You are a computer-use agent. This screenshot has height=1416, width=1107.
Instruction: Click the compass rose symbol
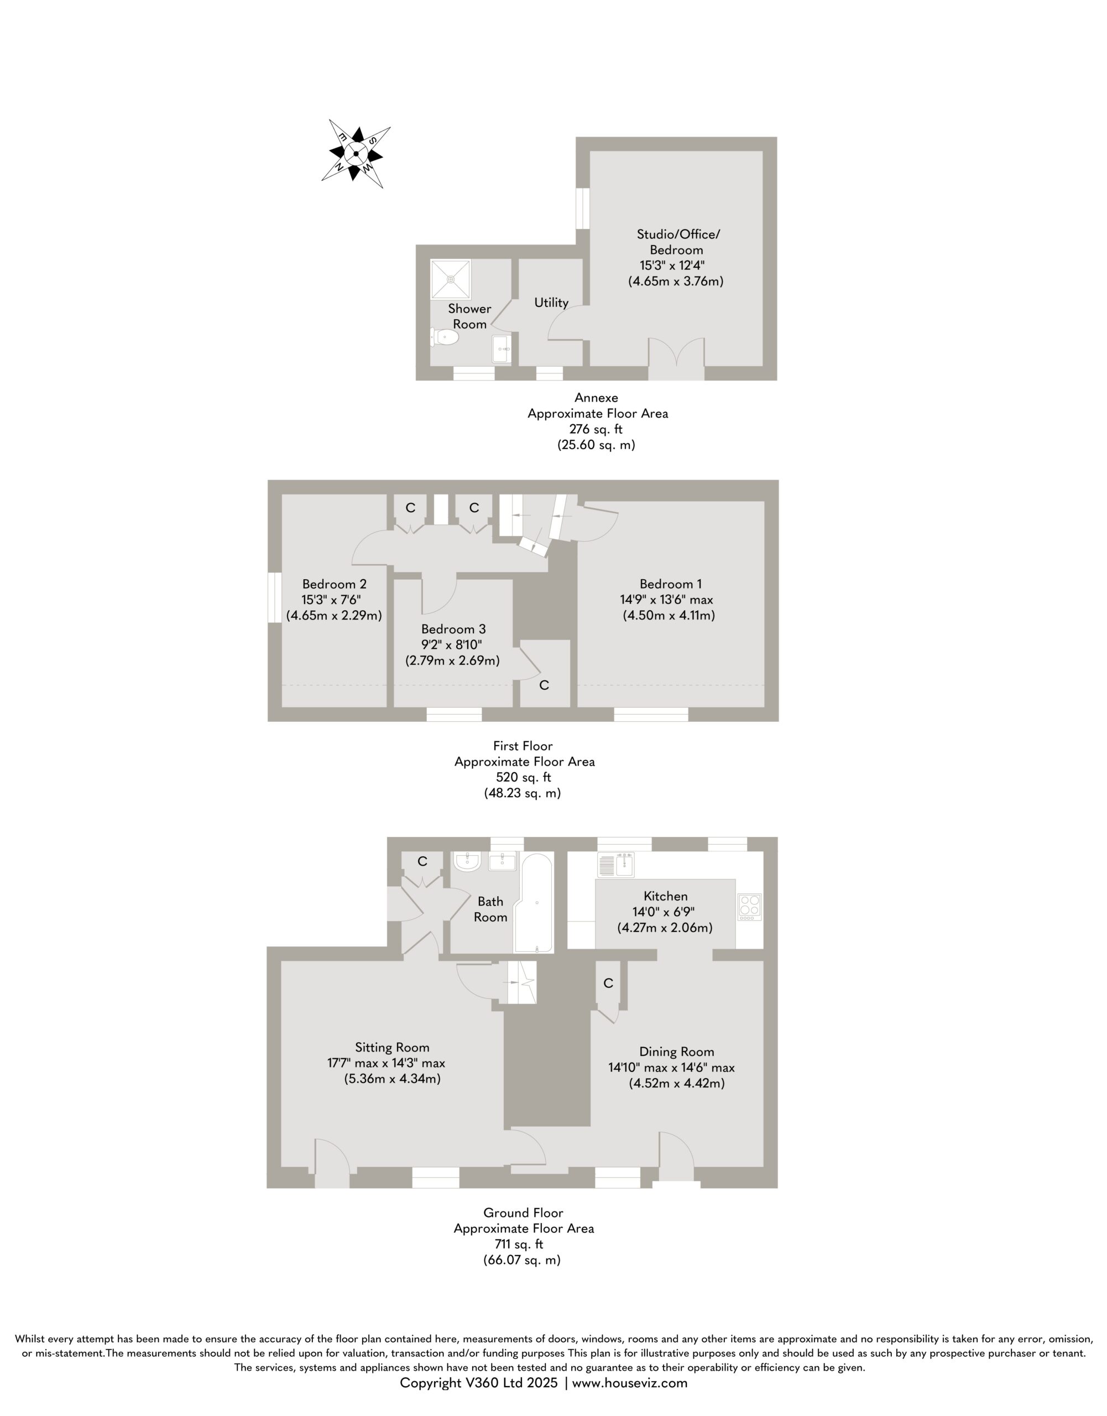[356, 154]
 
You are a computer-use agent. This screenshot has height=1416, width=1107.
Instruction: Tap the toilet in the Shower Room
[444, 337]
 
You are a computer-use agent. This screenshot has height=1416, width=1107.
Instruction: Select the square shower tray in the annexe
[451, 279]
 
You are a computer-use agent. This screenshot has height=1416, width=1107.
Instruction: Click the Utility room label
[551, 302]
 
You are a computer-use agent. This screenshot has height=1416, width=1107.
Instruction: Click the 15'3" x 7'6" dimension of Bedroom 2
[334, 600]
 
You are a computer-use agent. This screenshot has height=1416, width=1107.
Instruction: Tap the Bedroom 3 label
[453, 629]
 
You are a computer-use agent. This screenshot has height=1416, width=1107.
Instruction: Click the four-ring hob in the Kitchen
[750, 907]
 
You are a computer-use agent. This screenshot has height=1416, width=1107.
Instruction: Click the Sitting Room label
[392, 1047]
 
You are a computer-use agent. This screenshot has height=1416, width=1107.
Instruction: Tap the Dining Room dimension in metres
[677, 1084]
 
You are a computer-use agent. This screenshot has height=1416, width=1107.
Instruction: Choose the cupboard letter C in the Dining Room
[608, 983]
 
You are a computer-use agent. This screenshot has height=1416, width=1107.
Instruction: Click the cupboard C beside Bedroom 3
[545, 685]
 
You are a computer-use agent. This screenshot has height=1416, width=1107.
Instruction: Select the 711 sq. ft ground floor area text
[519, 1244]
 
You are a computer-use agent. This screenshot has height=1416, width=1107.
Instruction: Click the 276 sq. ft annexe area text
[596, 429]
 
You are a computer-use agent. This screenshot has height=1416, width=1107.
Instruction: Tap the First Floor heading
[523, 746]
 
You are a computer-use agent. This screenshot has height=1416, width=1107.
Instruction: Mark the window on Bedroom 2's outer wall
[275, 598]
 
